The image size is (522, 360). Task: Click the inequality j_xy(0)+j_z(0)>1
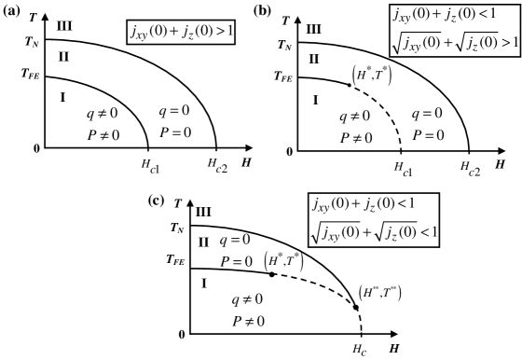[181, 33]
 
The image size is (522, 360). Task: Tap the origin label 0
[36, 147]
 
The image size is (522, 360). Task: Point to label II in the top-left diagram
[62, 58]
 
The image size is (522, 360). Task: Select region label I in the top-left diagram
[63, 96]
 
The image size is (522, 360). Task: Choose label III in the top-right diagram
[313, 30]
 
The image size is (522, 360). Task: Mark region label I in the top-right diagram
[314, 100]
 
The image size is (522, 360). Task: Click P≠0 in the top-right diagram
[354, 137]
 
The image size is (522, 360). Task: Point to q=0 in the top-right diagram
[427, 113]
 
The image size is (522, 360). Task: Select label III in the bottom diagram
[202, 212]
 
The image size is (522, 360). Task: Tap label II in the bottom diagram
[202, 242]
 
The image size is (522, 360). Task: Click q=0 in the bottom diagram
[235, 240]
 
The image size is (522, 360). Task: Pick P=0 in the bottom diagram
[236, 261]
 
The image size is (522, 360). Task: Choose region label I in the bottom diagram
[203, 283]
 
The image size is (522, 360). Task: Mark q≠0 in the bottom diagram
[247, 299]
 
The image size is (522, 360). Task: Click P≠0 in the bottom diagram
[248, 321]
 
